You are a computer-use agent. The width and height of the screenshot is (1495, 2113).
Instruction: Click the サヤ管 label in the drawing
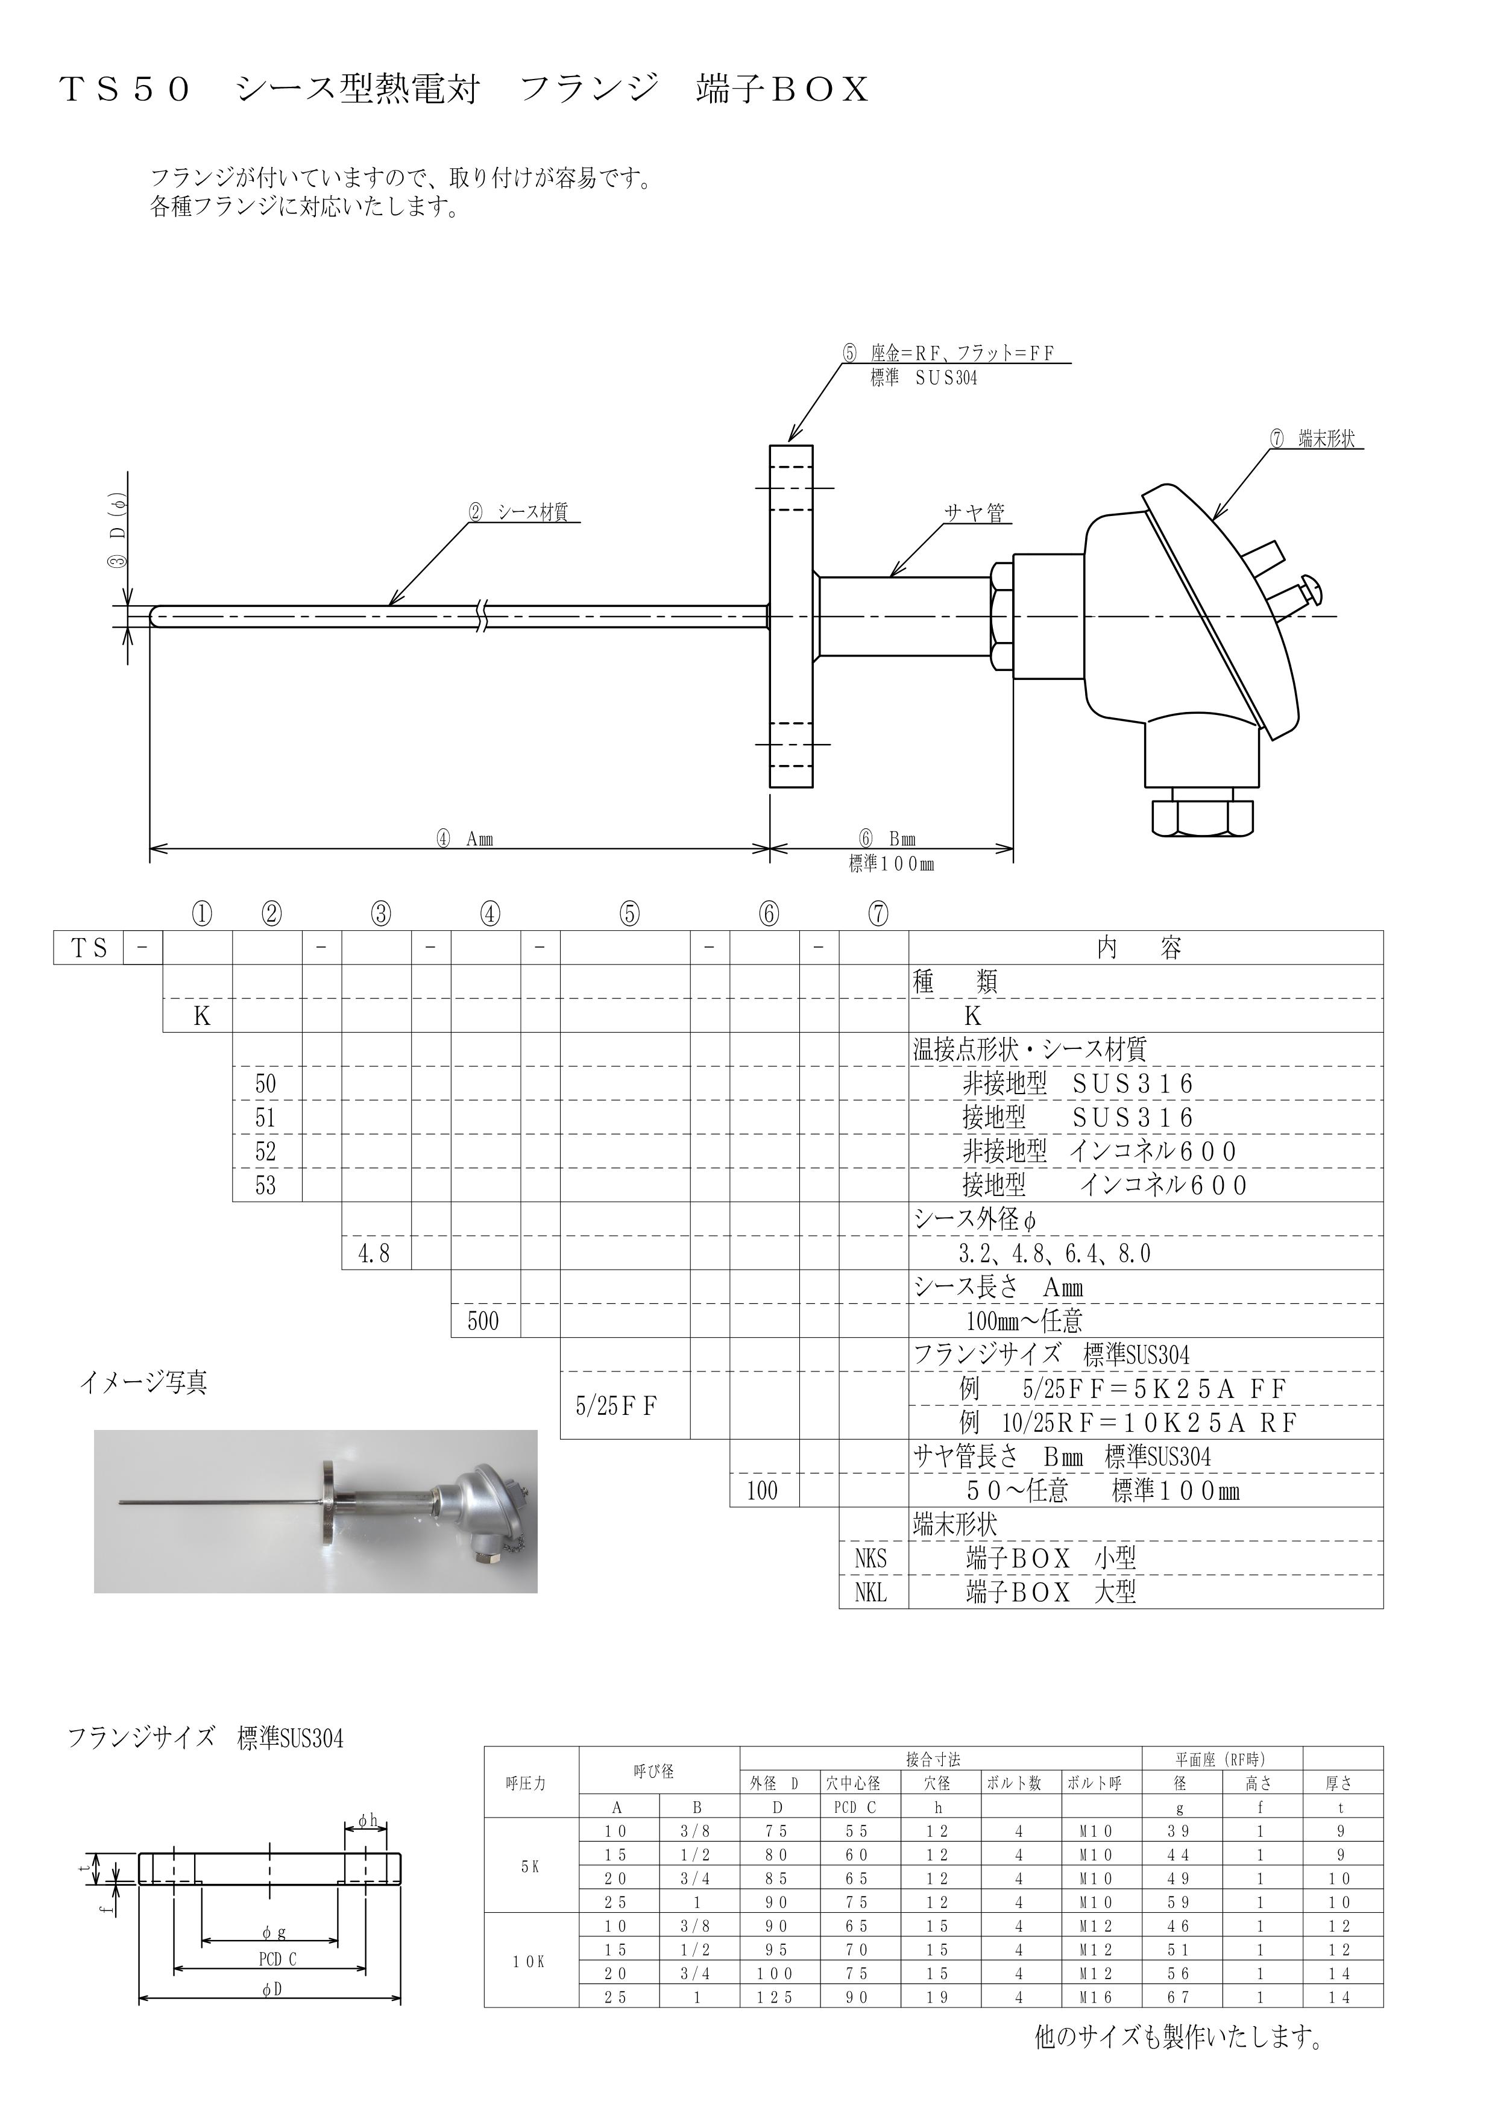click(x=974, y=513)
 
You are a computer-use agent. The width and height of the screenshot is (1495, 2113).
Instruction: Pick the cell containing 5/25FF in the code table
click(x=625, y=1406)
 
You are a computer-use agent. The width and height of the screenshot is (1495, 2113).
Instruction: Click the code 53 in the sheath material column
click(x=266, y=1185)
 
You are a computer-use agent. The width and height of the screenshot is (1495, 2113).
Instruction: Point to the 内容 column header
click(x=1140, y=948)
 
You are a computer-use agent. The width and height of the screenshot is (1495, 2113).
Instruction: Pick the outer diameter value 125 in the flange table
click(x=776, y=1997)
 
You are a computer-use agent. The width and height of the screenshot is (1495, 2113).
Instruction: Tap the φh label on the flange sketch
click(x=367, y=1820)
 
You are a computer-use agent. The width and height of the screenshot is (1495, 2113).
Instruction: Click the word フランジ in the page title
click(x=590, y=89)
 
